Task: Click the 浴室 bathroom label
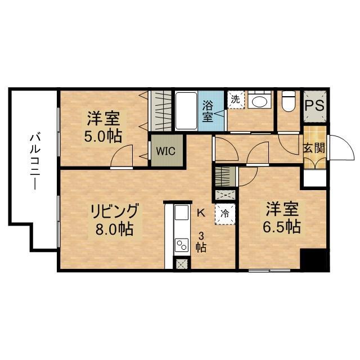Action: pos(208,110)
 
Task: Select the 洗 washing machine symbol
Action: pos(235,99)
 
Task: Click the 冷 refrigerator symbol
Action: pos(225,213)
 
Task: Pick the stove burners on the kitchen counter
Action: pos(182,245)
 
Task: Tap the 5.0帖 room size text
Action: pos(104,136)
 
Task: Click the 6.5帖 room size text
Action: pos(282,227)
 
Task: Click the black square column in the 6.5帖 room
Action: pos(313,259)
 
